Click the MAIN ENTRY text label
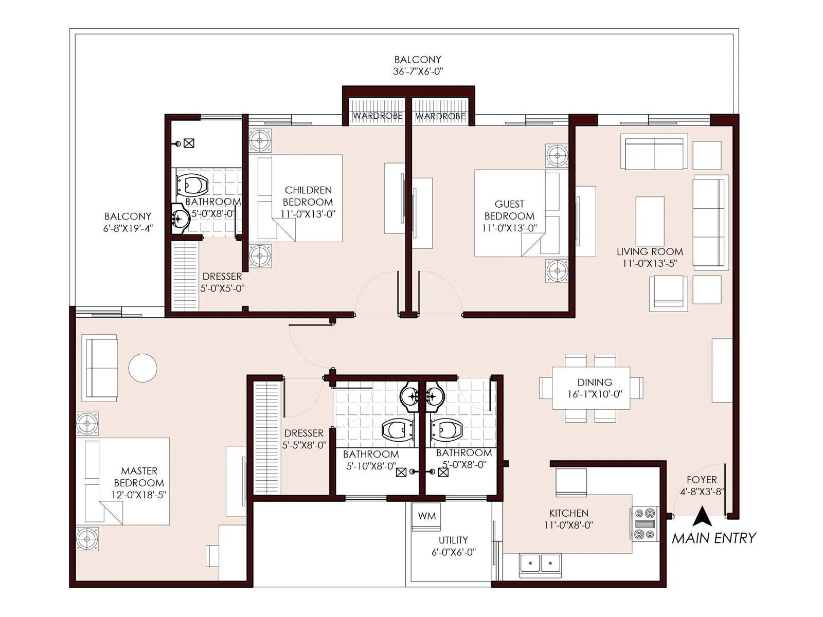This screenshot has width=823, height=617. (714, 538)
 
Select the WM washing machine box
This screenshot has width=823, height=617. (426, 516)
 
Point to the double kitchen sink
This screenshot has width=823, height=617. (540, 564)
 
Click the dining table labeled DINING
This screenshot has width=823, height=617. (591, 388)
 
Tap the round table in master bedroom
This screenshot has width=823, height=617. (142, 368)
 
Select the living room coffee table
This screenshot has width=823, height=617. (650, 221)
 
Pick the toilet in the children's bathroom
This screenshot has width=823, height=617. (192, 184)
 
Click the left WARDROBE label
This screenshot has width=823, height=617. (378, 116)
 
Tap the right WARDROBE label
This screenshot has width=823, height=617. (440, 116)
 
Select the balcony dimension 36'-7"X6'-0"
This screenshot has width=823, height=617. (418, 72)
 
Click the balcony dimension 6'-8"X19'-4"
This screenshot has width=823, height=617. (128, 229)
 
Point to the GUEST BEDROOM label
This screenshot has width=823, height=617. (509, 210)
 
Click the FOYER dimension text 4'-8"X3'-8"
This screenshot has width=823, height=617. (702, 492)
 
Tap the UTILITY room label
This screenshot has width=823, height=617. (453, 540)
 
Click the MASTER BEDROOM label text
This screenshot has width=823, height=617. (139, 477)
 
